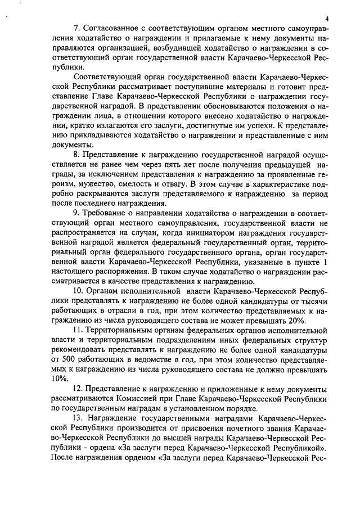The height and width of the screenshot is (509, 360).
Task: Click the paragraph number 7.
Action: (x=77, y=29)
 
